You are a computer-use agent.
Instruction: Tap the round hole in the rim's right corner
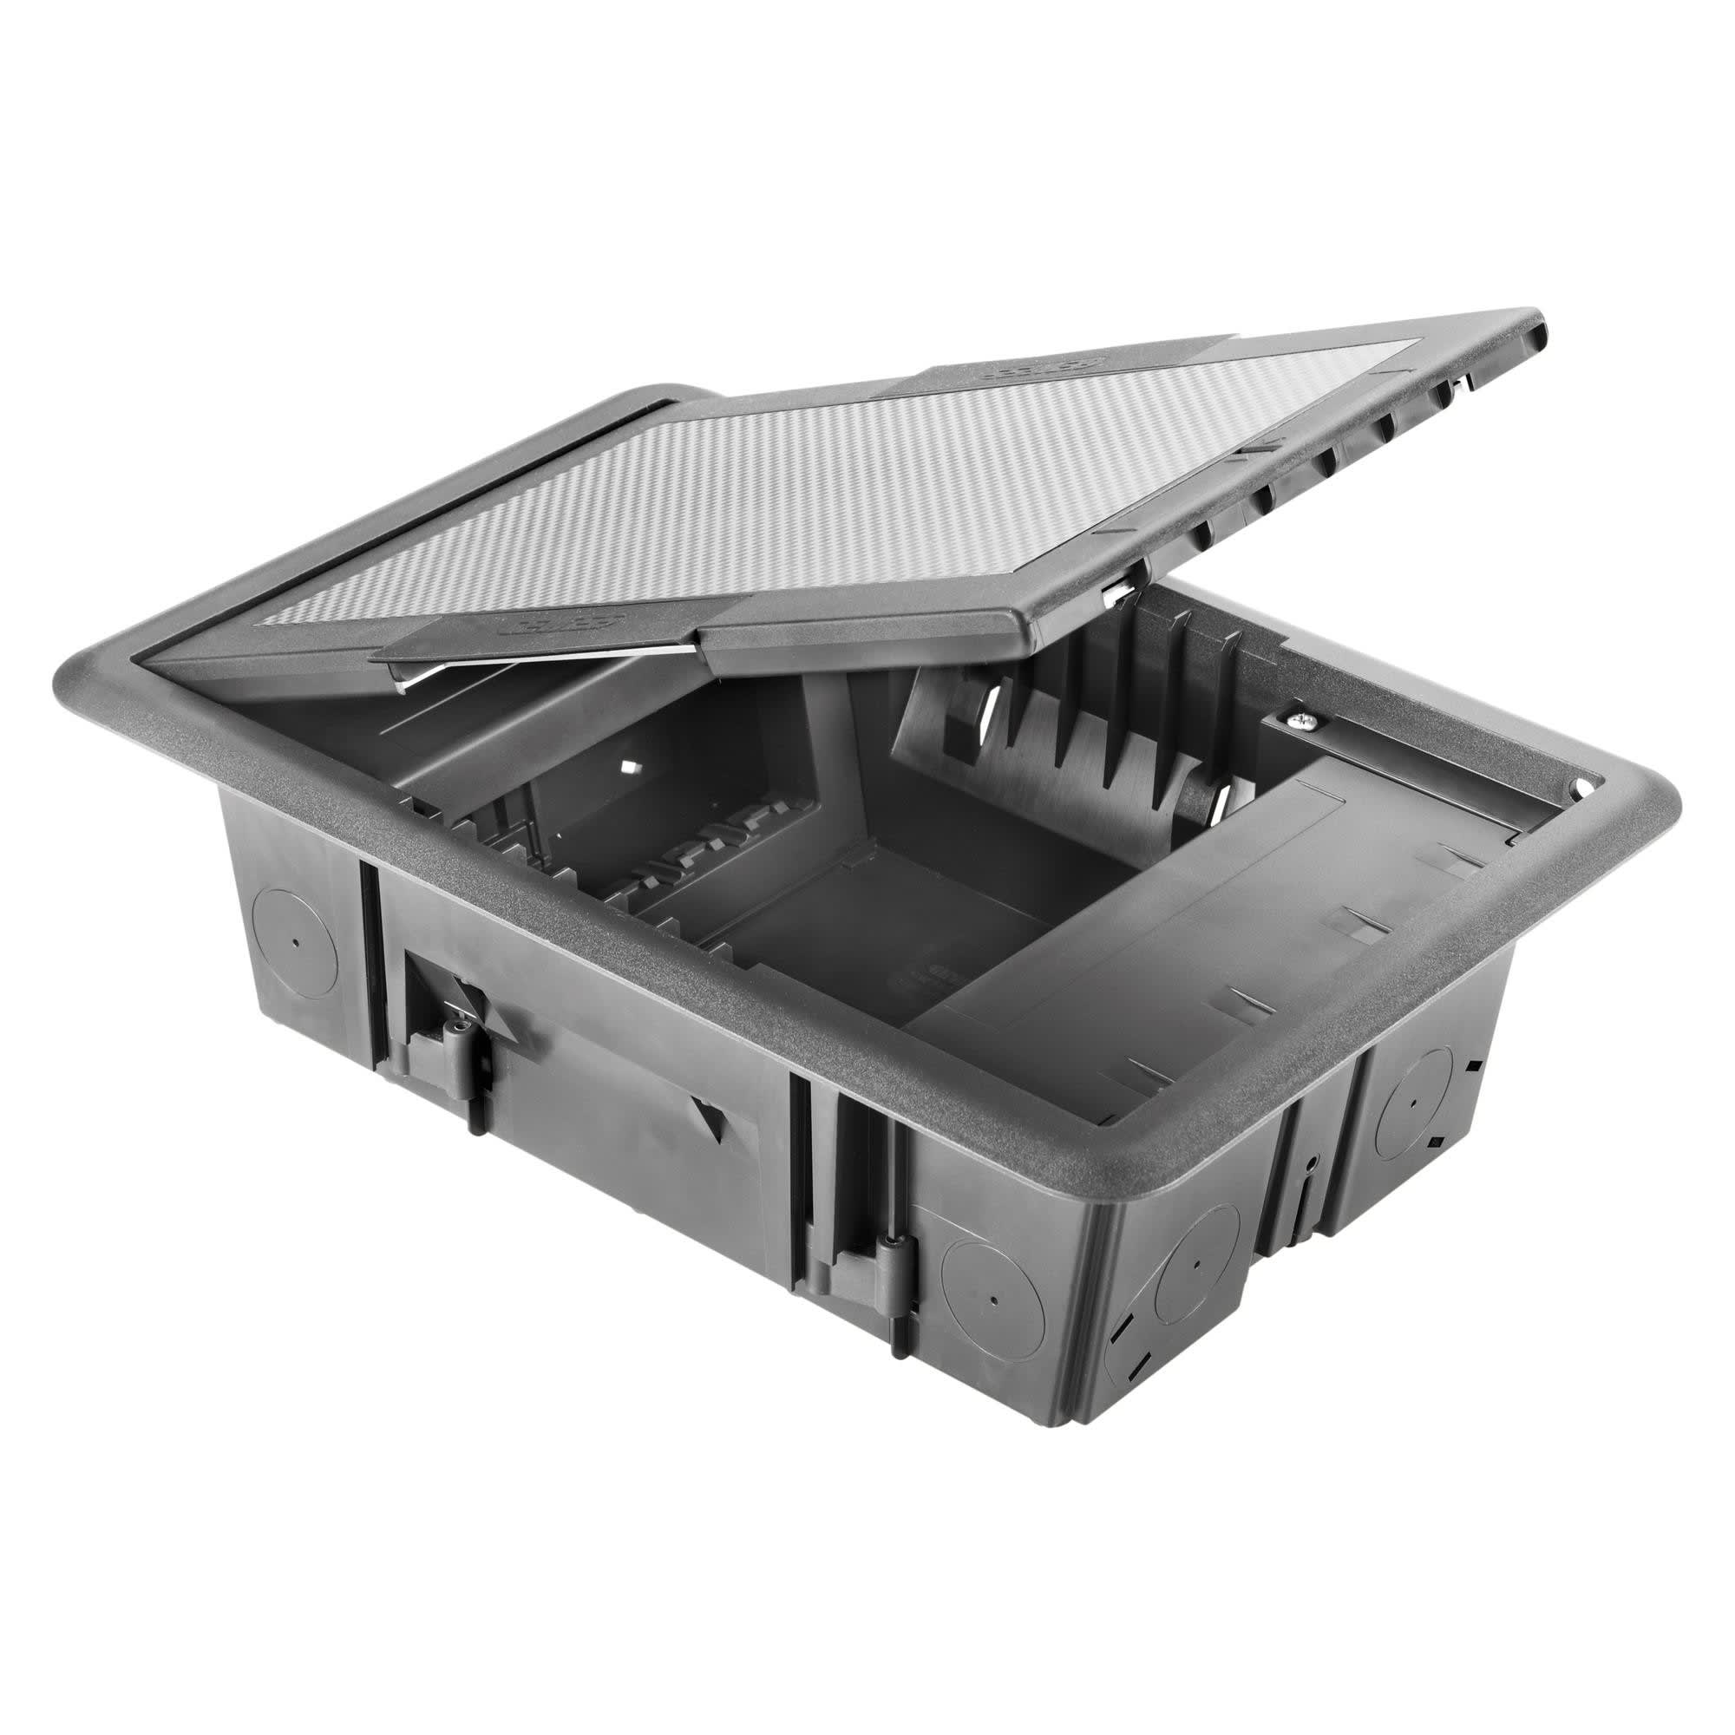(x=1578, y=789)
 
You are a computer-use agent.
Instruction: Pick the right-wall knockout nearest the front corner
(x=1196, y=1264)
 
